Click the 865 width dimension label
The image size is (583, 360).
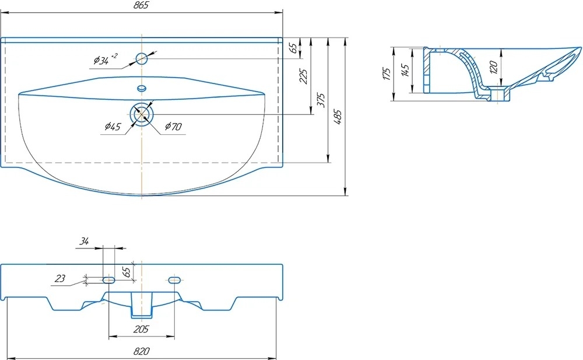click(141, 5)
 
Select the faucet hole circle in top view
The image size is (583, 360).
click(142, 59)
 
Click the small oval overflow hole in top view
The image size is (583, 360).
click(142, 88)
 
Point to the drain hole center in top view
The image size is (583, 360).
click(142, 114)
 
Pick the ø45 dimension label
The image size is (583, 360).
click(113, 127)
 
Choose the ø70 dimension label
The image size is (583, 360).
click(173, 127)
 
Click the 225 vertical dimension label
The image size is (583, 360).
click(304, 76)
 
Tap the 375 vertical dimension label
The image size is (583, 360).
click(321, 100)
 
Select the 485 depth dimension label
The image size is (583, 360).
click(338, 117)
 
